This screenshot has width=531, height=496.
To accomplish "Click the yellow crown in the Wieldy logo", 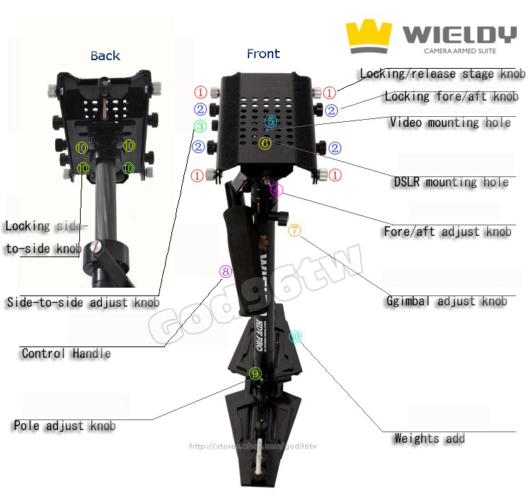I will point(368,37).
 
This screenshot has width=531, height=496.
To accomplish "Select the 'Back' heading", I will point(105,56).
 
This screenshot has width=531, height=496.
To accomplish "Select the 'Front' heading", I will point(263,54).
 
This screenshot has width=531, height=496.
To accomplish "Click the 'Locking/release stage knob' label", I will point(442,74).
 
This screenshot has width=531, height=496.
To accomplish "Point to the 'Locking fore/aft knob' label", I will point(451,96).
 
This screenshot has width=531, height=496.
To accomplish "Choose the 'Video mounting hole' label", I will point(450,123).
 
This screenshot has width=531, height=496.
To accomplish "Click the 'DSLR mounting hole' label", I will point(451,182).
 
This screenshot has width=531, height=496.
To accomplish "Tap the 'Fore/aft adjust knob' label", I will point(447,232).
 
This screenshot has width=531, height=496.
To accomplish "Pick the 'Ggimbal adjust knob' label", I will point(446,300).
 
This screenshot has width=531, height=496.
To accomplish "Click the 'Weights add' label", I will point(429,439).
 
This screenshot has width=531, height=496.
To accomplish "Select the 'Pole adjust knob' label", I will point(64,426).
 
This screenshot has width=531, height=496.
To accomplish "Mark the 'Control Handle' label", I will point(66,353).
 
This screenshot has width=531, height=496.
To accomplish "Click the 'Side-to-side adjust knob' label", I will point(83,303).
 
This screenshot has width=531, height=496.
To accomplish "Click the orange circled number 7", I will point(295,230).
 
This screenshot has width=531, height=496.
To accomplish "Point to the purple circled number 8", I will point(225,271).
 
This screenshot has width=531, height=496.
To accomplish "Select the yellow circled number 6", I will point(265,142).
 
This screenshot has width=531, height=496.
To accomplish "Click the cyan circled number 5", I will point(270,122).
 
